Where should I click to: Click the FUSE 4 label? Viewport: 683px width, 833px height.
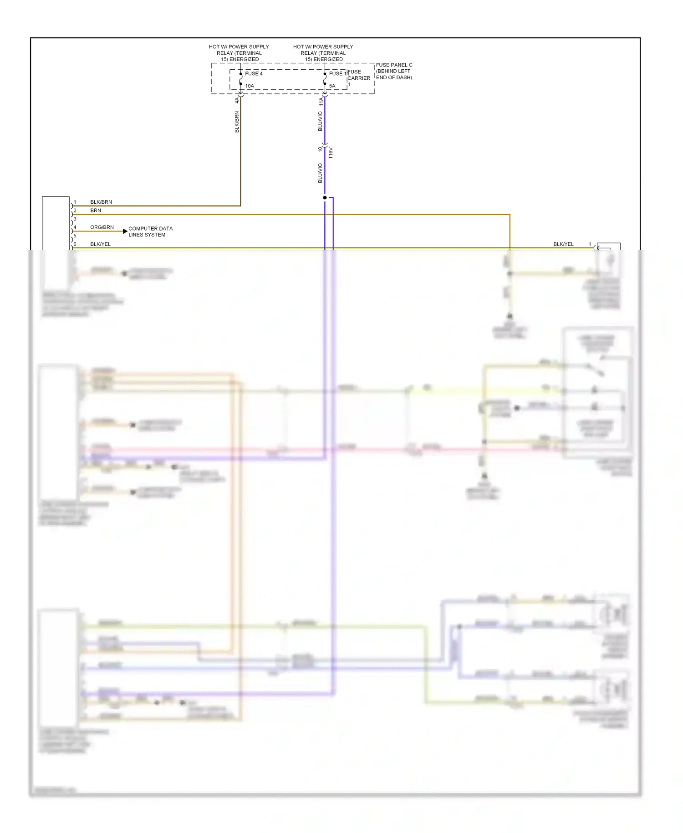254,73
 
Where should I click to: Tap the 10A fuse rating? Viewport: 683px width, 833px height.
250,86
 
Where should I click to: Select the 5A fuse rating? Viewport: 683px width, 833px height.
332,86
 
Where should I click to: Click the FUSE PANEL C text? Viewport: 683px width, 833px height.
394,65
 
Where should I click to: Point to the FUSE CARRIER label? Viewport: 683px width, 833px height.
358,75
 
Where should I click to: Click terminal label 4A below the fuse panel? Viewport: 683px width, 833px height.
237,100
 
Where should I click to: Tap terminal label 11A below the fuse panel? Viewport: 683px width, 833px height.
321,101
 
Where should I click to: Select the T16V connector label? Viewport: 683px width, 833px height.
331,153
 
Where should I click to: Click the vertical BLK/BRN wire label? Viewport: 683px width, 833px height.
237,122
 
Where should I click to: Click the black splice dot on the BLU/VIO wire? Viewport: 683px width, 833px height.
325,197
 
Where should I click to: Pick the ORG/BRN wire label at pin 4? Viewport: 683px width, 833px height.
102,227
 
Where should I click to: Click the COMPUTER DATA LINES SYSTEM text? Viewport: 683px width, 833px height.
150,231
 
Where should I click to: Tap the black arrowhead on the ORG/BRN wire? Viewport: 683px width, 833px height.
125,231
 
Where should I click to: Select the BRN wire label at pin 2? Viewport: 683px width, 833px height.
96,210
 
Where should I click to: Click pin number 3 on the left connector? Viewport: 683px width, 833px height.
75,219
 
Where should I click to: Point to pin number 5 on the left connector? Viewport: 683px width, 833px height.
75,236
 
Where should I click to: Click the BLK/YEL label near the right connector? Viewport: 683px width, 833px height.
563,244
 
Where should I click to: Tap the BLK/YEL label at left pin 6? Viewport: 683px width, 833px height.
100,244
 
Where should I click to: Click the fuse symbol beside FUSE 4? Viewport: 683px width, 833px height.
241,79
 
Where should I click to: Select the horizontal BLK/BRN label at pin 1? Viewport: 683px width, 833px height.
101,202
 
